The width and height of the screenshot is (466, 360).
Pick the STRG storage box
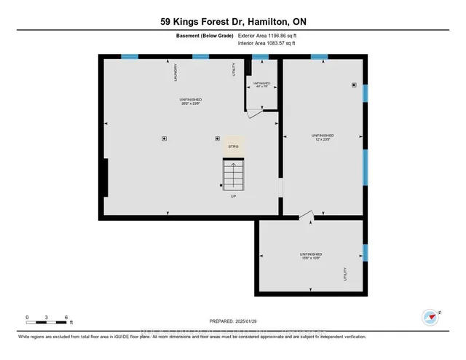[233, 146]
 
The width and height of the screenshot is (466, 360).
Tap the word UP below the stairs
[233, 196]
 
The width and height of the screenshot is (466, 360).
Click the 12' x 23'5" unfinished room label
[323, 137]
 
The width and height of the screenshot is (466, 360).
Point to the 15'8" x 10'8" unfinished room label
[309, 256]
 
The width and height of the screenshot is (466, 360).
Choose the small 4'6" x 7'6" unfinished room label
[261, 85]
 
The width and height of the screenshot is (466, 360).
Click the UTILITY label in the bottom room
[345, 273]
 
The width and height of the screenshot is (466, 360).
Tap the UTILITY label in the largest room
[234, 70]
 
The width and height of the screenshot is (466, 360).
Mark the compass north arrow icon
[430, 317]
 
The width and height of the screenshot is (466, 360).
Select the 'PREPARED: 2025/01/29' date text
[232, 321]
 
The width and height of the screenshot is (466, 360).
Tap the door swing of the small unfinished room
[255, 111]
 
